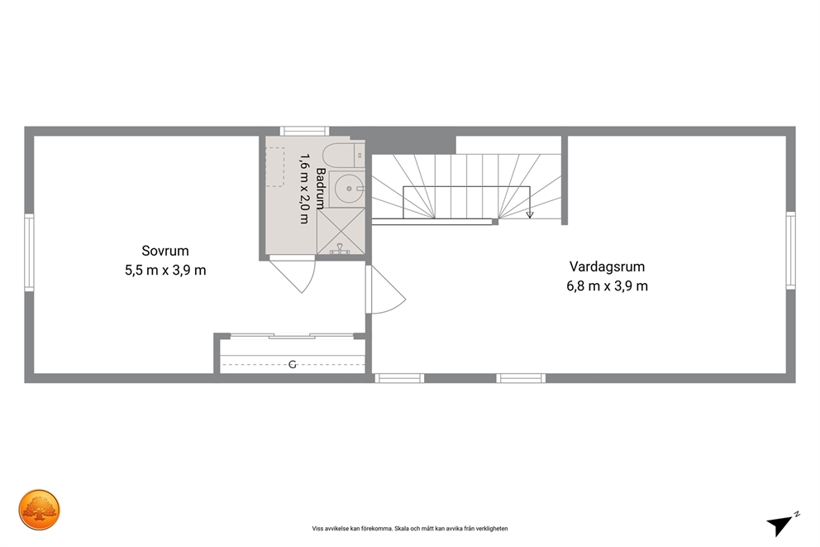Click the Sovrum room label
(x=165, y=251)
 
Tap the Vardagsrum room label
(x=608, y=266)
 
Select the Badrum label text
(x=321, y=189)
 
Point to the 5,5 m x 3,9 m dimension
(x=165, y=270)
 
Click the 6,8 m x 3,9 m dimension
(x=608, y=285)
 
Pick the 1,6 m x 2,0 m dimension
(x=304, y=189)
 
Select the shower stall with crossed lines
(x=341, y=232)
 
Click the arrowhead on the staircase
(x=530, y=214)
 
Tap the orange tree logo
(x=39, y=510)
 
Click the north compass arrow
(x=781, y=524)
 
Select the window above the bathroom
(x=304, y=131)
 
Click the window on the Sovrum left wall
(x=29, y=252)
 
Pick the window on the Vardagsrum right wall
(x=791, y=250)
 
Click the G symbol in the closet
(x=293, y=364)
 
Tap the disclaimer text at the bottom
(x=410, y=529)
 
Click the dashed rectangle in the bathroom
(x=275, y=167)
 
